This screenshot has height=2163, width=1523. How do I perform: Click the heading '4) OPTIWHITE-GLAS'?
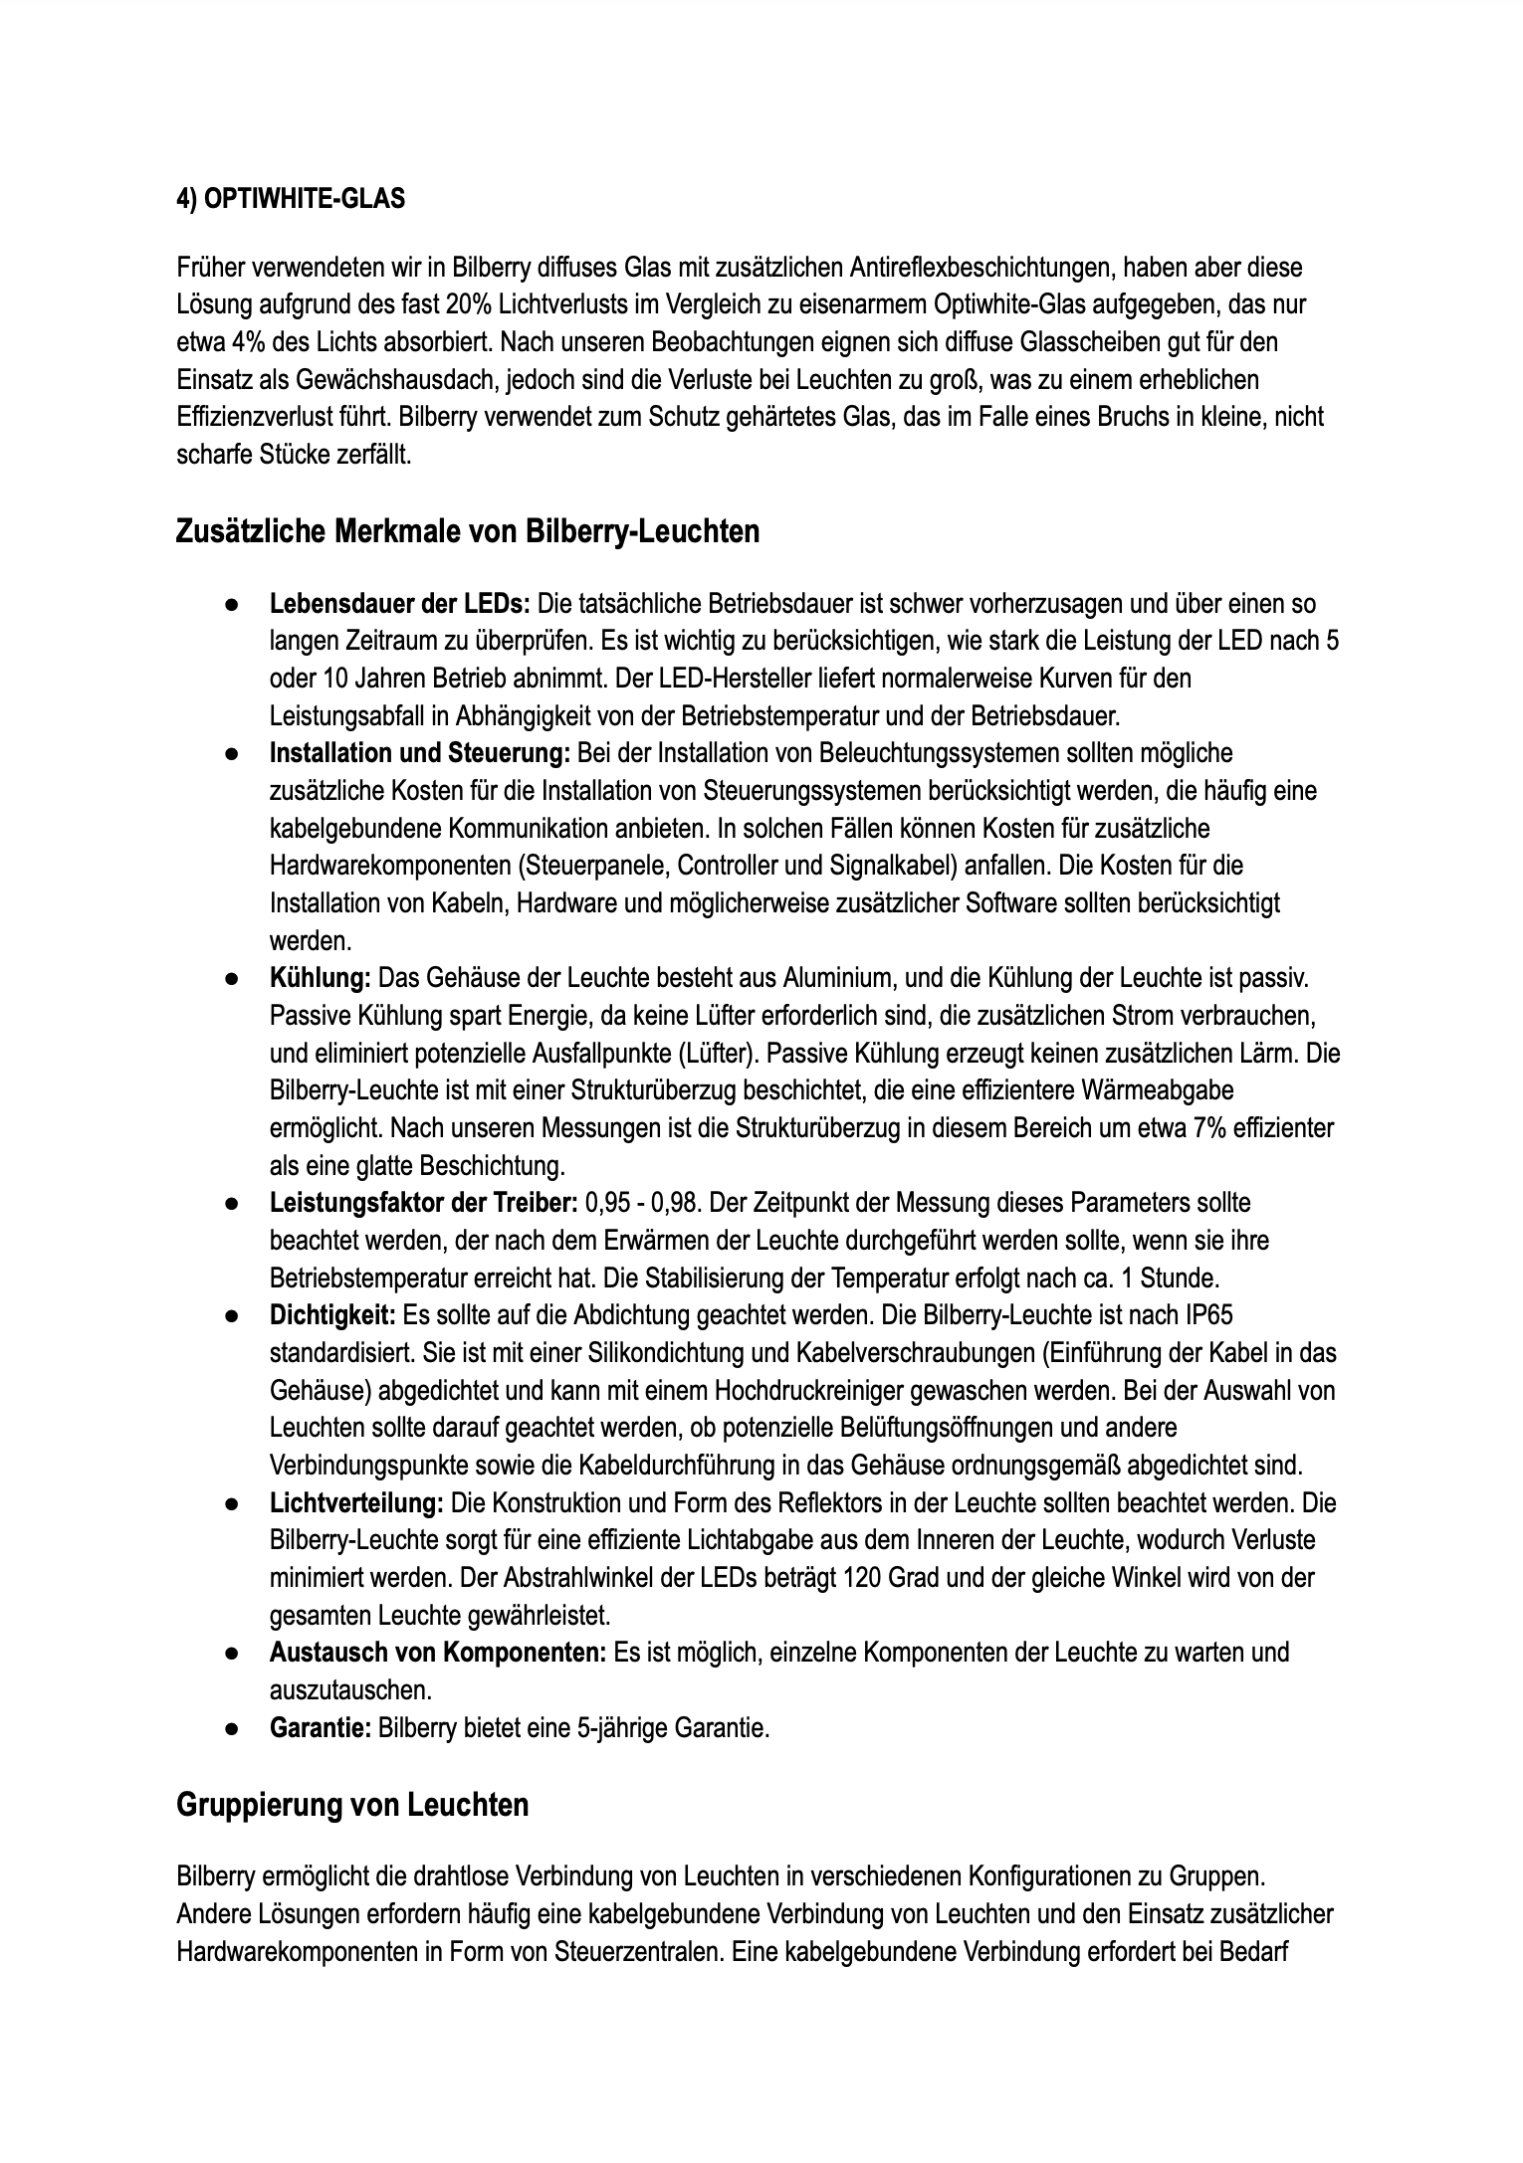click(291, 199)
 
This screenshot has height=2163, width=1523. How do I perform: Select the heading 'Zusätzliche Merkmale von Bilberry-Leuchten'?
click(467, 531)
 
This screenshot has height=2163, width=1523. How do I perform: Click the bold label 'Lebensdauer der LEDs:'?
click(401, 604)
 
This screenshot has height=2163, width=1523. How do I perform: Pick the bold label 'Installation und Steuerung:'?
click(419, 753)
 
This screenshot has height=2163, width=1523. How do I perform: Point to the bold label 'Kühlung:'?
click(320, 978)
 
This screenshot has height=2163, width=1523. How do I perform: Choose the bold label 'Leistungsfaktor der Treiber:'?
click(423, 1203)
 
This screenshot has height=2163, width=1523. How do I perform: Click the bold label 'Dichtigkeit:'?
click(332, 1315)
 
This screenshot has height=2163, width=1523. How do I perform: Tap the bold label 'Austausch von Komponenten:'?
click(437, 1653)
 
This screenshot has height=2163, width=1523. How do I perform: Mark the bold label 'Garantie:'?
click(320, 1728)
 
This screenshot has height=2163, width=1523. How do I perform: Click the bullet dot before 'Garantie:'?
click(230, 1729)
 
